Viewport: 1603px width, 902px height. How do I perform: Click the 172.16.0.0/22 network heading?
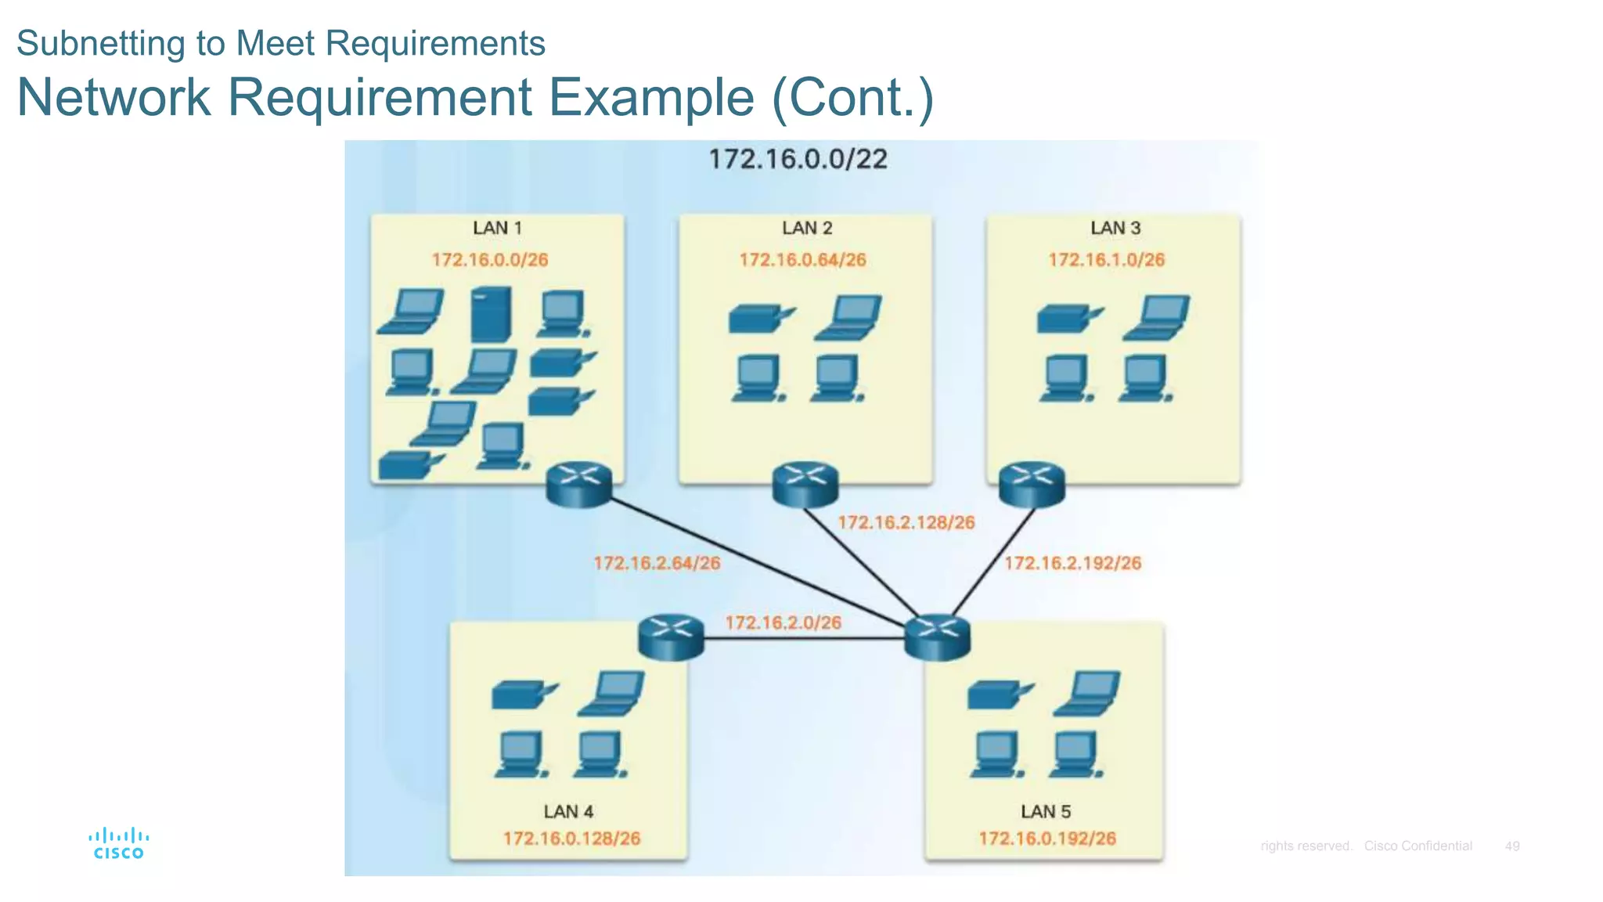coord(798,159)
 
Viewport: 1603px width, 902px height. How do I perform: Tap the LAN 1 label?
coord(497,228)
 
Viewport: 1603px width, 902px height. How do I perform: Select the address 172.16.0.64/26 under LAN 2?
coord(802,260)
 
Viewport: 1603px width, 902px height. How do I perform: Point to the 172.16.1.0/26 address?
coord(1106,260)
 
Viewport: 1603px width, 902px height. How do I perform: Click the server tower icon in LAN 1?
coord(492,314)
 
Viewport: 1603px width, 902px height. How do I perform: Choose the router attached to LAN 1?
coord(578,484)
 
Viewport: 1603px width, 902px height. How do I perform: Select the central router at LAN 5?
coord(937,637)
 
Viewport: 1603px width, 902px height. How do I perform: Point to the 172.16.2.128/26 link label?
coord(906,522)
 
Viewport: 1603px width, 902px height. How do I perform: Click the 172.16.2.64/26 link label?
coord(657,563)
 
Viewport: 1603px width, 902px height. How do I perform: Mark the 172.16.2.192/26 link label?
coord(1072,563)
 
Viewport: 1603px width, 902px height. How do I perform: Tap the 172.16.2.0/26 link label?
coord(783,622)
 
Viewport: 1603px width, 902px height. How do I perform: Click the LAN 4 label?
coord(568,812)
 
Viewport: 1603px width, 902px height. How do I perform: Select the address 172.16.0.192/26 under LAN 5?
coord(1046,839)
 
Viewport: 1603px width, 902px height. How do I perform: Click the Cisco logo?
coord(118,843)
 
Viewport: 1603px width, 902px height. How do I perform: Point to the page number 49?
coord(1511,846)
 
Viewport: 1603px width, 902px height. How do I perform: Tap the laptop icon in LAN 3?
coord(1158,316)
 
